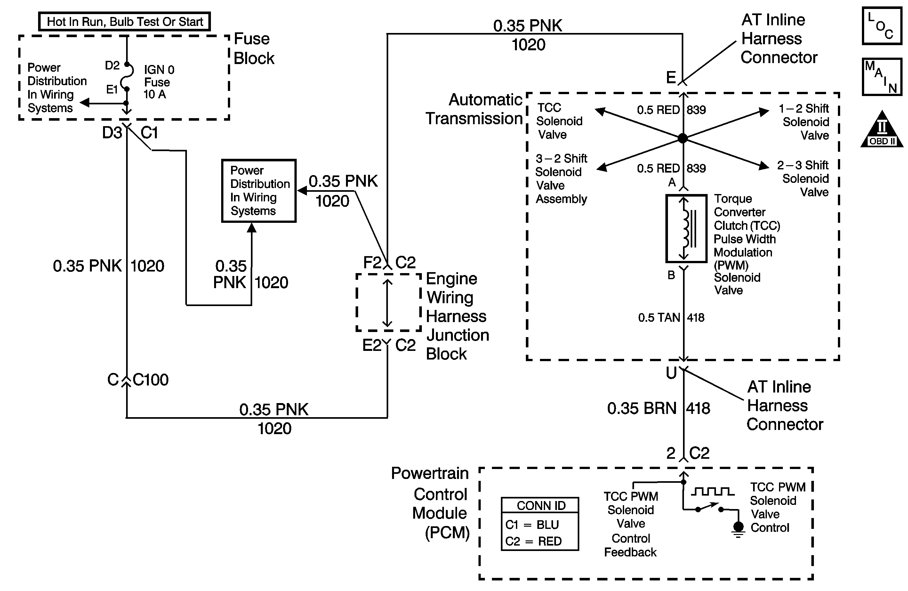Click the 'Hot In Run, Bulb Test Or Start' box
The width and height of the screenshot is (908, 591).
(x=125, y=21)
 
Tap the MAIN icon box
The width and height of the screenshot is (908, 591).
(x=882, y=77)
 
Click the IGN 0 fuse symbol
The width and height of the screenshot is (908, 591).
(x=127, y=77)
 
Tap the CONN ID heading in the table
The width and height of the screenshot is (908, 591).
(x=541, y=506)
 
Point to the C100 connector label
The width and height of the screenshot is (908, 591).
(x=150, y=380)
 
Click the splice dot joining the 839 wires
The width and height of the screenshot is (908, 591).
(x=683, y=138)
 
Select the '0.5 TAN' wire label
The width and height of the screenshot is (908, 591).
(x=659, y=318)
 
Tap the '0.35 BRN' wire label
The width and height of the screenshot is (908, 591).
(x=642, y=408)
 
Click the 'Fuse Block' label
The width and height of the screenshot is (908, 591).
(x=253, y=48)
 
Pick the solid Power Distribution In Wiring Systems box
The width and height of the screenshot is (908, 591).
(x=259, y=191)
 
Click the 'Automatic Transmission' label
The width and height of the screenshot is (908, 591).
(x=474, y=109)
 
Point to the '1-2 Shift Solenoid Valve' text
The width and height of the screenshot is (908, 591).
(x=805, y=122)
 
